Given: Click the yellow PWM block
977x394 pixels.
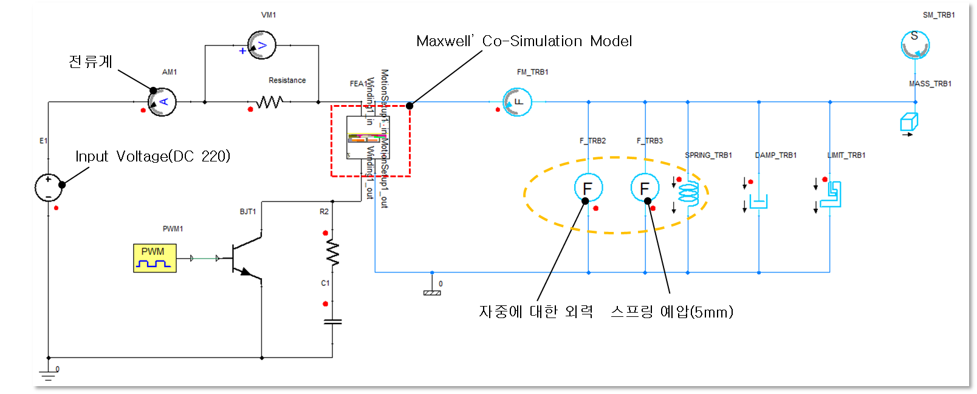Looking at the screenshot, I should [154, 258].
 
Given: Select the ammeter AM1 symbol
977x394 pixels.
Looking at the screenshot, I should [163, 102].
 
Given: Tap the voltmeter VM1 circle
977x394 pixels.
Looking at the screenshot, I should [262, 46].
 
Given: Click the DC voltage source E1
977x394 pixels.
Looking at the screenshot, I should [49, 187].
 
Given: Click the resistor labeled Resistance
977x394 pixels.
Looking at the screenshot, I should [269, 102].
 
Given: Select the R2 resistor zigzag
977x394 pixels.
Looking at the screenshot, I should [332, 252].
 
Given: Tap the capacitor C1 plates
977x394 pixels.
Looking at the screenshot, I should [332, 322].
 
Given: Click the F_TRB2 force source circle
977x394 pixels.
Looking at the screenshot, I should [588, 188].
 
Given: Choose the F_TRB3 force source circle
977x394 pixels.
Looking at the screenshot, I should [645, 188].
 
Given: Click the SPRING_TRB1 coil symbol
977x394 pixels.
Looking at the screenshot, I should [688, 193].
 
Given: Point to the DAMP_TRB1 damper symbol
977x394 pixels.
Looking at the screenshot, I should [758, 201].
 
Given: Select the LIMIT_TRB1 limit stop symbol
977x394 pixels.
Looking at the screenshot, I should [831, 195].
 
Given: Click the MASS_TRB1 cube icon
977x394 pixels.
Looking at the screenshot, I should [909, 122].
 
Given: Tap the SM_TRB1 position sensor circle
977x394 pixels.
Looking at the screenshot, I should [914, 45].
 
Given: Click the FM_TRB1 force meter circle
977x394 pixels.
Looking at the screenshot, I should [518, 102].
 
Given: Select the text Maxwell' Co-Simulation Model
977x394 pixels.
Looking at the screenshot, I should [524, 41].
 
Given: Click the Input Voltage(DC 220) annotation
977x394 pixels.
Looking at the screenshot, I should [153, 157].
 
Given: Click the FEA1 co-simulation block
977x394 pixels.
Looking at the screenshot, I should [367, 138].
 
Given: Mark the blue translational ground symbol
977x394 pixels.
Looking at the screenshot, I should [432, 291].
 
